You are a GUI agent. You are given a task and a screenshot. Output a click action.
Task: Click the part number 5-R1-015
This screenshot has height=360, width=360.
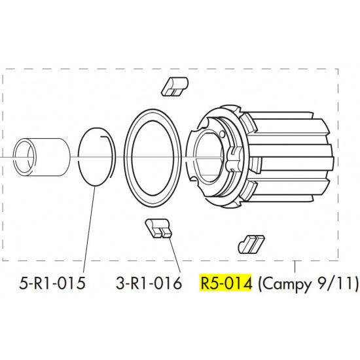pyautogui.click(x=52, y=283)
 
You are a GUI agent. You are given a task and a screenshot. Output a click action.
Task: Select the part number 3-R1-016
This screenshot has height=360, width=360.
pyautogui.click(x=149, y=283)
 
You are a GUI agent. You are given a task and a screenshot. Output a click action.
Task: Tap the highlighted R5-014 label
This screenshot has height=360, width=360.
pyautogui.click(x=225, y=283)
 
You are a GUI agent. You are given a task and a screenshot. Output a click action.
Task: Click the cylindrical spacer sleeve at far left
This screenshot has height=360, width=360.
pyautogui.click(x=41, y=157)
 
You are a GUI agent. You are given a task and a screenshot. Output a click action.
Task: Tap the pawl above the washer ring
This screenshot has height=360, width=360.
pyautogui.click(x=175, y=86)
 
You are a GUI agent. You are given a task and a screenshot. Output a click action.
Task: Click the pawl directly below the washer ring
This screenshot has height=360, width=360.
pyautogui.click(x=158, y=228)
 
